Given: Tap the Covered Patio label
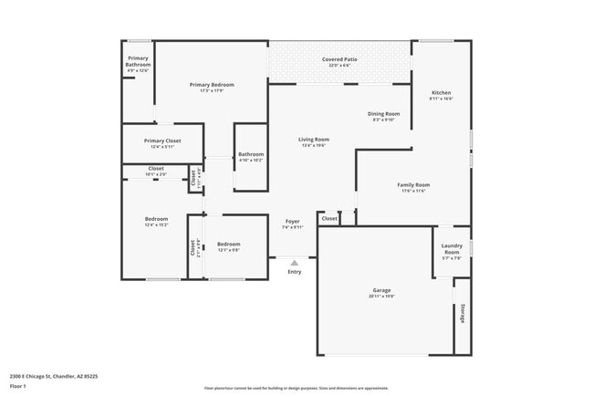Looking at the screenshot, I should click(339, 60).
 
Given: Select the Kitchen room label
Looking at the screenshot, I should click(441, 92).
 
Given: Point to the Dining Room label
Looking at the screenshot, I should click(384, 113).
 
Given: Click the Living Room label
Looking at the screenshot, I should click(314, 140).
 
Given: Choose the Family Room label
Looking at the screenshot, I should click(413, 184).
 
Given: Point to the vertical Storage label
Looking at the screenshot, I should click(463, 313).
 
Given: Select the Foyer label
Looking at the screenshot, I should click(292, 221).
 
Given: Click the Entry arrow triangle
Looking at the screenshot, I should click(294, 263).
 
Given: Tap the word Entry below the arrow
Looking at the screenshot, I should click(294, 272).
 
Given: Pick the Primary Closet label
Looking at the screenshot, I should click(162, 141).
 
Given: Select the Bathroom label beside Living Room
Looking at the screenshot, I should click(251, 154).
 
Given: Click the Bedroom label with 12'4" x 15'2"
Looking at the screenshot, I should click(156, 219).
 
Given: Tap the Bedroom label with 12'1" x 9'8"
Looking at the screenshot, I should click(228, 244).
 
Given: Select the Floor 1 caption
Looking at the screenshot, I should click(18, 386).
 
